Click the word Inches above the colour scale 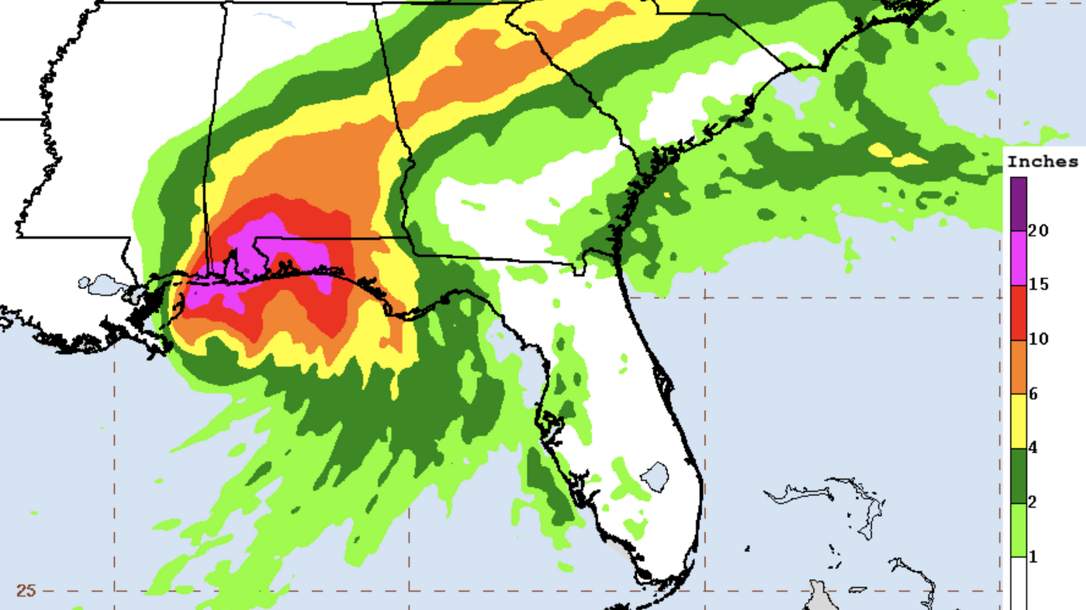1043,162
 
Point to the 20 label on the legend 1039,230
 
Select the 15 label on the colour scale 1039,284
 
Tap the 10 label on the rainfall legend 1039,339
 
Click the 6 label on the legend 1033,394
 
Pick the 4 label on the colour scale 1033,448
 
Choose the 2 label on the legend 1033,502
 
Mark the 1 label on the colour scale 1033,557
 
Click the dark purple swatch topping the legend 1019,204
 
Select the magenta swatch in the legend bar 1019,258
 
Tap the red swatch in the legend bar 1019,312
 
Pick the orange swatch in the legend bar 1019,367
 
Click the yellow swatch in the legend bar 1019,421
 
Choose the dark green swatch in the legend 1019,475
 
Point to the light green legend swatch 1019,529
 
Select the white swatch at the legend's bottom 1019,583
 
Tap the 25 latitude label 26,591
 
